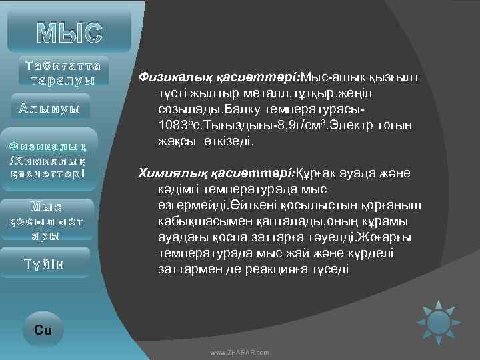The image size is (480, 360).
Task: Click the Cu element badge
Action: click(43, 329)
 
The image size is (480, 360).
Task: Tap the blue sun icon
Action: click(439, 322)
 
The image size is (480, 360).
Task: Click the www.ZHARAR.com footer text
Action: click(239, 351)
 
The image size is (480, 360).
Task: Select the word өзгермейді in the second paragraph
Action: click(191, 205)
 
